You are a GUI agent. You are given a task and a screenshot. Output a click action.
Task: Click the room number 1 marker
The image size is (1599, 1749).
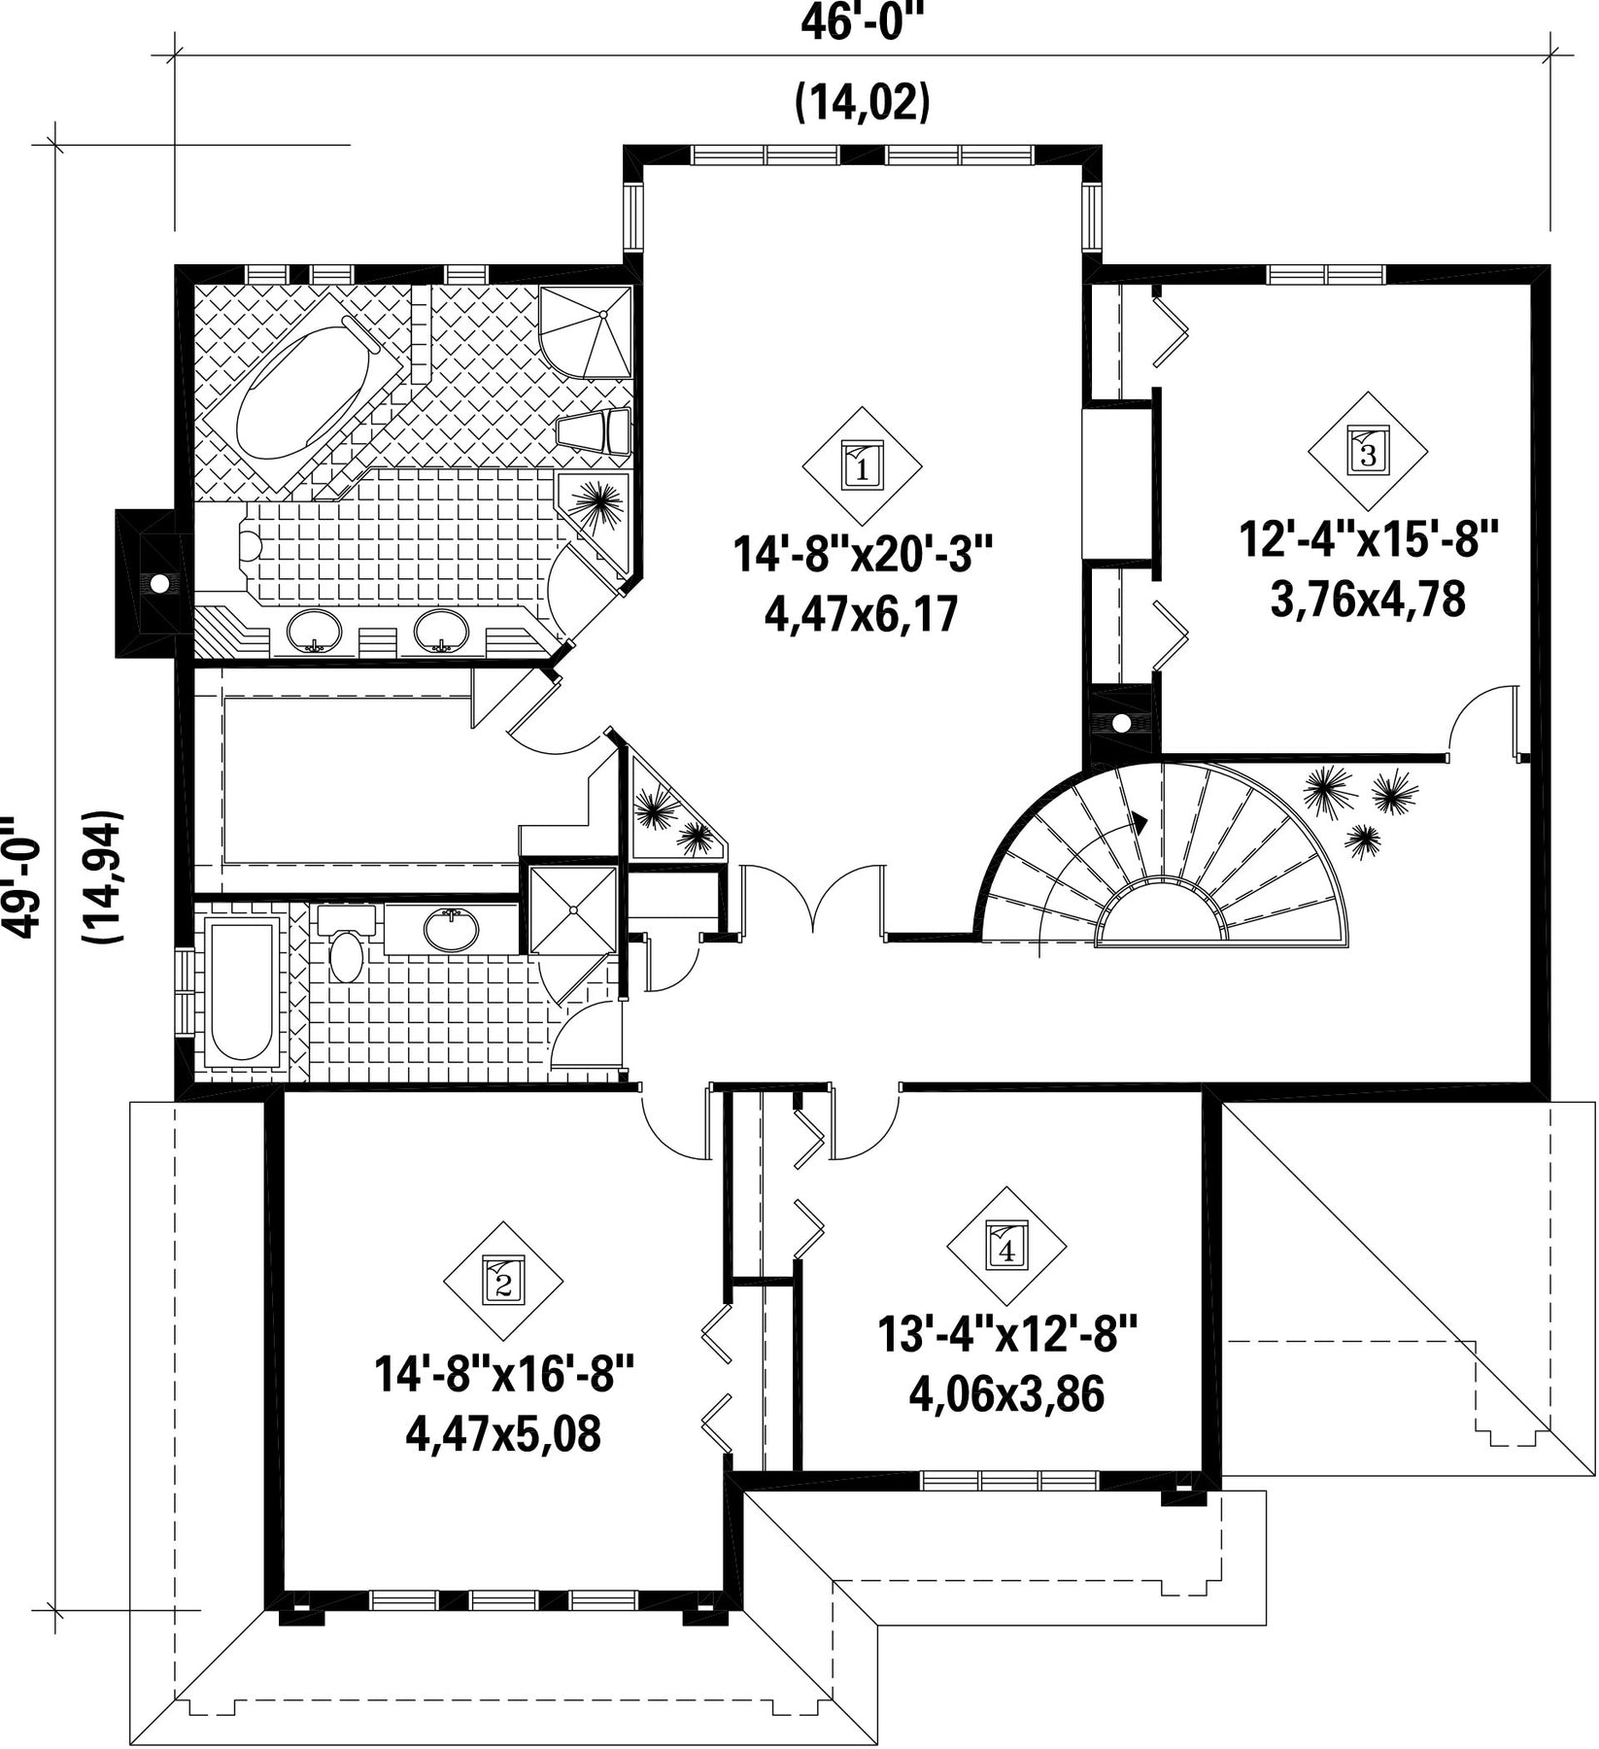pos(862,466)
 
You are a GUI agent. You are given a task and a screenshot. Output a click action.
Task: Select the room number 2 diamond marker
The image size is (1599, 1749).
pos(503,1281)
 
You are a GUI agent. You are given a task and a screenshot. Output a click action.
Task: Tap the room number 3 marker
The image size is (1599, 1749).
pos(1368,452)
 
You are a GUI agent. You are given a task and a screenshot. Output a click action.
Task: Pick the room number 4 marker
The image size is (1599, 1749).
pos(1006,1247)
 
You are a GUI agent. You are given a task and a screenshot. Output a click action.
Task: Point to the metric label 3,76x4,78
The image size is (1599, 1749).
pos(1368,599)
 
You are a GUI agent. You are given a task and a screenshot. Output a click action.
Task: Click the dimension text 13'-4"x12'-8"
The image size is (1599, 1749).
pos(1006,1334)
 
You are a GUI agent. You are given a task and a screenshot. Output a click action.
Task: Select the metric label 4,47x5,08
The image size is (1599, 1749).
pos(503,1434)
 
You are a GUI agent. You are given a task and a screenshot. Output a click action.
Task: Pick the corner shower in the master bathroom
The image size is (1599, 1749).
pos(586,331)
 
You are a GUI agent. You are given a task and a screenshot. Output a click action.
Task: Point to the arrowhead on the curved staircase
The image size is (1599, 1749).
pos(1140,823)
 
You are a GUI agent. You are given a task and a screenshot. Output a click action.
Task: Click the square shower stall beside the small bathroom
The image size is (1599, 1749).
pos(573,910)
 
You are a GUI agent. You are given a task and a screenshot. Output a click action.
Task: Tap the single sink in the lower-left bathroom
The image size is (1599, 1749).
pos(452,929)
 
